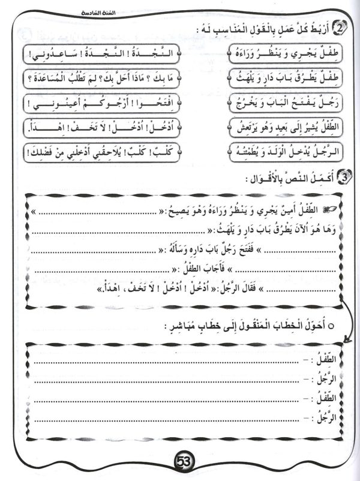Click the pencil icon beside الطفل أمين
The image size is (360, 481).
pos(329,209)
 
